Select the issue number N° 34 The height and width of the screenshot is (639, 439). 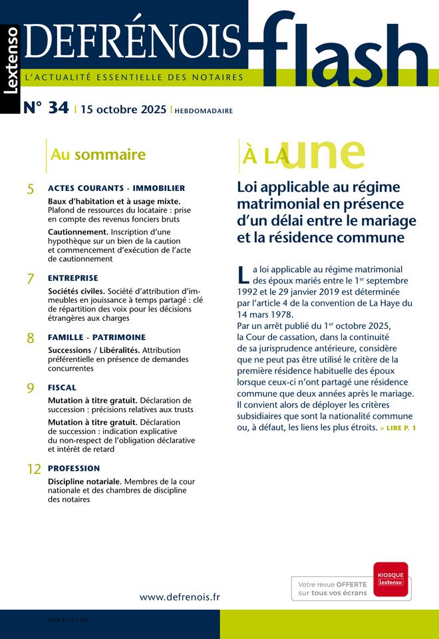46,108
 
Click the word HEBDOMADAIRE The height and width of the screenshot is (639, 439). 204,110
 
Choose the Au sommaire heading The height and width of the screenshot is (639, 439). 98,155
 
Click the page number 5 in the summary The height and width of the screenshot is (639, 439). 31,190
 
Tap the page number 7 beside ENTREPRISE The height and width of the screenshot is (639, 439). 31,280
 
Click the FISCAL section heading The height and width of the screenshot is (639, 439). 62,387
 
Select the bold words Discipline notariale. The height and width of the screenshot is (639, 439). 85,481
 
